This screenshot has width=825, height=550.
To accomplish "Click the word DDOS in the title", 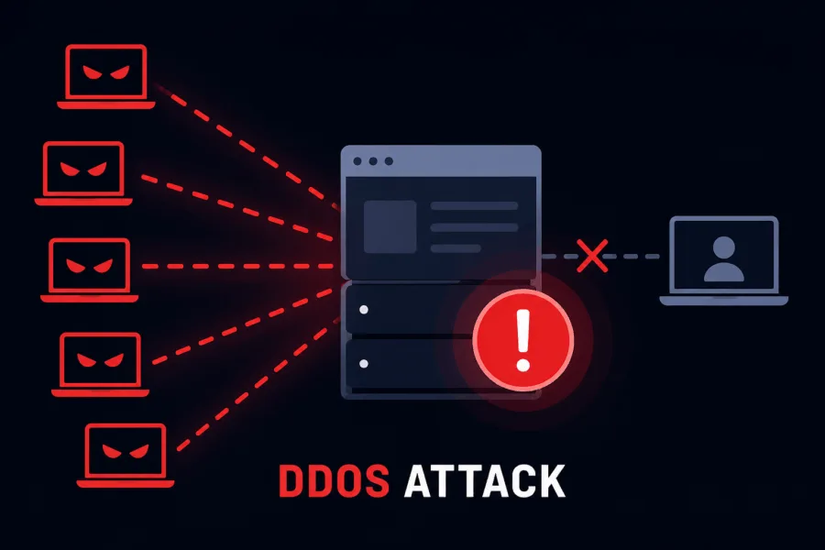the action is tap(334, 480).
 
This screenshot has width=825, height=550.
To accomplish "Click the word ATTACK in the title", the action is tap(485, 480).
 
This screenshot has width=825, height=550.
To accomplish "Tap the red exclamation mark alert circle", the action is tap(522, 340).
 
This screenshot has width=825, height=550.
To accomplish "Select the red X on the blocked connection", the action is tap(592, 257).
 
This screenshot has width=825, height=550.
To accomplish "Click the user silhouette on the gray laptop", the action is tap(724, 258).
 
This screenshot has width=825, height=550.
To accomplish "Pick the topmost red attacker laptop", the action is tap(106, 77).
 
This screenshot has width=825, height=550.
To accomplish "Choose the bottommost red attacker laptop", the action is tap(126, 456).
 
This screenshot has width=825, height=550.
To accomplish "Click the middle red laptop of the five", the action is tap(90, 270).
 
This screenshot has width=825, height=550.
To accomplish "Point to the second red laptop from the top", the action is tap(83, 173).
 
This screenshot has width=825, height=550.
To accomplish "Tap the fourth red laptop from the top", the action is tap(101, 364).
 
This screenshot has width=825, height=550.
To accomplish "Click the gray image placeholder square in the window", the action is tap(390, 226).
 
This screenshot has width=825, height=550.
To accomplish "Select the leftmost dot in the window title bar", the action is tap(357, 161).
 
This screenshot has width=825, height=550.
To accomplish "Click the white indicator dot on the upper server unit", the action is tap(364, 310).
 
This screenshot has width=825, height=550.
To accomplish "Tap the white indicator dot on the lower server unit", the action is tap(364, 364).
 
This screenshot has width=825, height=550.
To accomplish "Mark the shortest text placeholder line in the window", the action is tap(456, 248).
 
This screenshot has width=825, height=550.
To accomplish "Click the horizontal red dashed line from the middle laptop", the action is tap(238, 267).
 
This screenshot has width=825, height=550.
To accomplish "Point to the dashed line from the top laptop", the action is tap(248, 148).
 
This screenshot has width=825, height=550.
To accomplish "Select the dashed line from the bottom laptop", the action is tap(258, 384).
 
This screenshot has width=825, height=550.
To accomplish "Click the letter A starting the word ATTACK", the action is tap(419, 480).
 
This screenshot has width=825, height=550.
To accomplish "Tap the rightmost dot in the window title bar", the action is tap(389, 161).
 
